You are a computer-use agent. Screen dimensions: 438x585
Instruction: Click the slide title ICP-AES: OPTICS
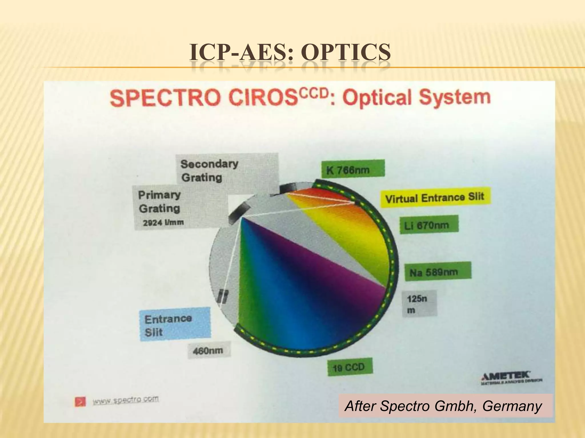pyautogui.click(x=290, y=53)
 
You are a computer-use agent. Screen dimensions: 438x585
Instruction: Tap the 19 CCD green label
pyautogui.click(x=350, y=367)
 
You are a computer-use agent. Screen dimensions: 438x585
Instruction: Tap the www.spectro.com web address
pyautogui.click(x=126, y=400)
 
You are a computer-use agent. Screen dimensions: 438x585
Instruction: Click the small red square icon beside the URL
pyautogui.click(x=80, y=402)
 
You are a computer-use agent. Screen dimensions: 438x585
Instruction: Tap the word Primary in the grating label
pyautogui.click(x=159, y=195)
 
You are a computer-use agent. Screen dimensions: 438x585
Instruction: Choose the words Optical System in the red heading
pyautogui.click(x=416, y=98)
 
